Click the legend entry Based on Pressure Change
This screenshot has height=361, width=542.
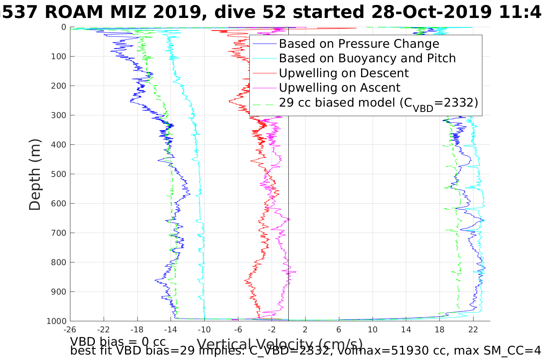[x=359, y=44]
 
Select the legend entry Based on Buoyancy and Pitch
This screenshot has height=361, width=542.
[x=367, y=58]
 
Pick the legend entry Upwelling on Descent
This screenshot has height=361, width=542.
[x=344, y=73]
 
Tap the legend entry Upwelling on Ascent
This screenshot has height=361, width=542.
[x=339, y=87]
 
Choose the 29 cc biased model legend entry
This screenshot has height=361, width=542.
[x=378, y=103]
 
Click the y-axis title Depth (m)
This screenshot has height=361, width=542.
[x=35, y=175]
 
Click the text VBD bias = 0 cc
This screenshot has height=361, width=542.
[x=118, y=341]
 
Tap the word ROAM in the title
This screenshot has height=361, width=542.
[x=72, y=12]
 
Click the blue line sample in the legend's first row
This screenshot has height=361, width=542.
[x=264, y=44]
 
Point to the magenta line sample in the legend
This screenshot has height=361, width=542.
[x=264, y=87]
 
